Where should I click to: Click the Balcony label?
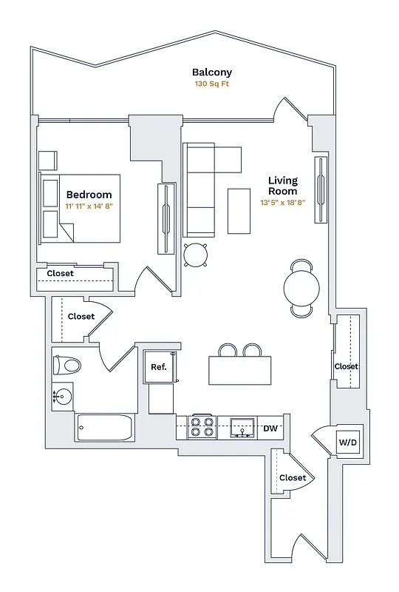pyautogui.click(x=212, y=73)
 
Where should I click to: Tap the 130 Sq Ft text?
pyautogui.click(x=212, y=84)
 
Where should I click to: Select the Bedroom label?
pyautogui.click(x=89, y=195)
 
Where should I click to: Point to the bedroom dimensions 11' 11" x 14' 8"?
pyautogui.click(x=89, y=206)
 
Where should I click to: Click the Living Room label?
pyautogui.click(x=282, y=186)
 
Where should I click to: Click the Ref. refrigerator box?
pyautogui.click(x=159, y=366)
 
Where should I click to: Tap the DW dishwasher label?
pyautogui.click(x=270, y=428)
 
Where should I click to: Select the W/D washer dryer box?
pyautogui.click(x=348, y=443)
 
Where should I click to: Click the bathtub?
pyautogui.click(x=105, y=428)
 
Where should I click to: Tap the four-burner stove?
pyautogui.click(x=202, y=427)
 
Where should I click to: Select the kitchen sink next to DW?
pyautogui.click(x=242, y=427)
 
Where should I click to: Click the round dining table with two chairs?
pyautogui.click(x=301, y=286)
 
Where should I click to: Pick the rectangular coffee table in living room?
pyautogui.click(x=239, y=210)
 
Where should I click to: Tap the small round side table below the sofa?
pyautogui.click(x=197, y=255)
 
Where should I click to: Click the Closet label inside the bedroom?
pyautogui.click(x=61, y=273)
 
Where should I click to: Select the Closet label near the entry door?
pyautogui.click(x=293, y=478)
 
